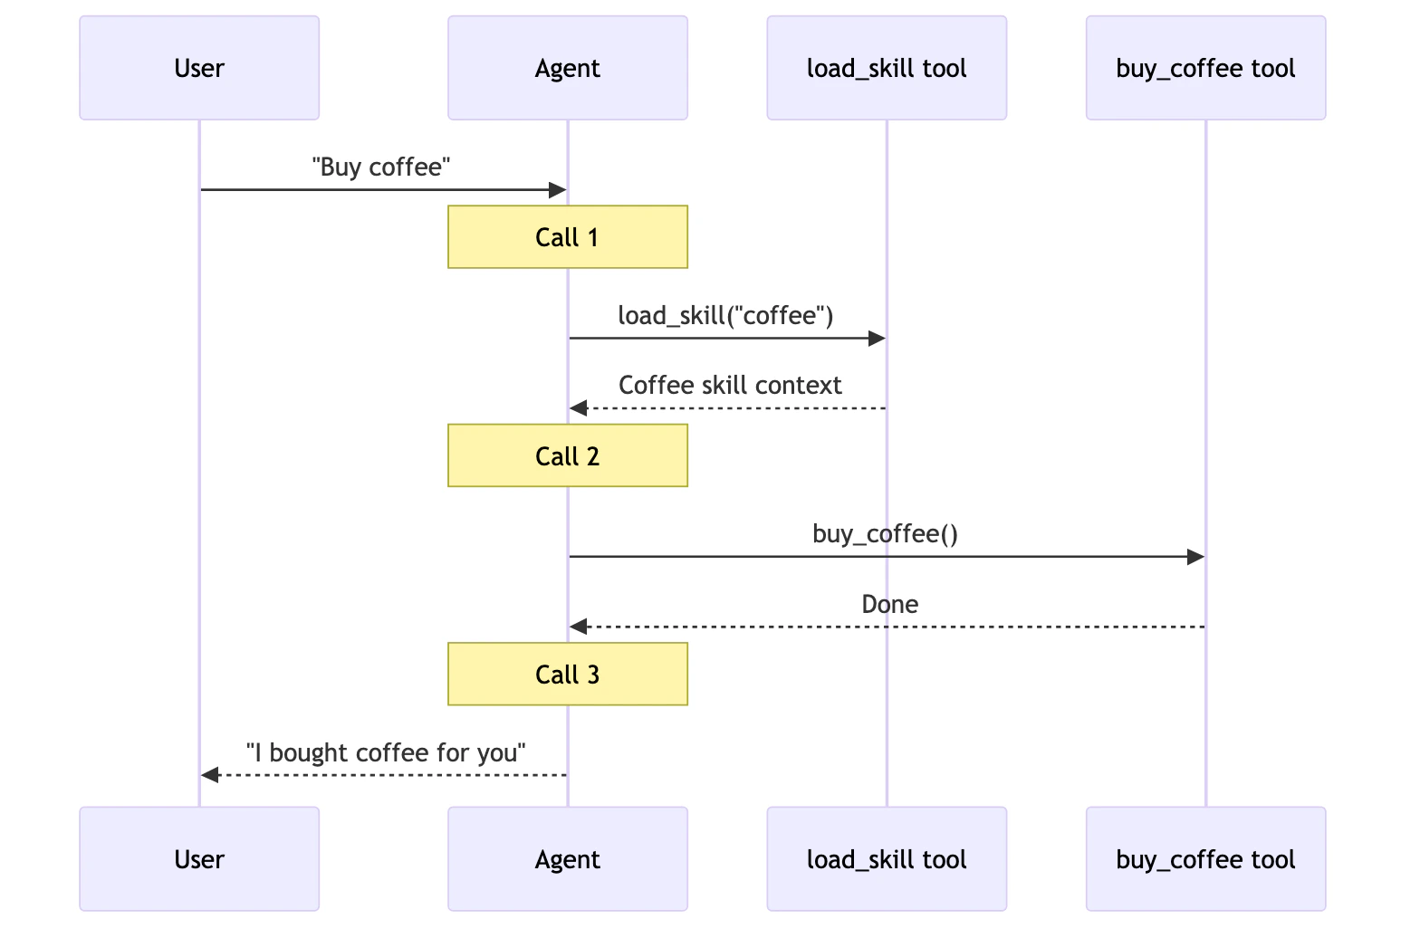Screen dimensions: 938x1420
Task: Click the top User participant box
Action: pyautogui.click(x=199, y=68)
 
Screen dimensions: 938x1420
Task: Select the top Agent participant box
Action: pyautogui.click(x=568, y=68)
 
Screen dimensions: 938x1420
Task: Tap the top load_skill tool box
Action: pyautogui.click(x=887, y=68)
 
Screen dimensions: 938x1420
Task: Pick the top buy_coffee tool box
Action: pyautogui.click(x=1205, y=68)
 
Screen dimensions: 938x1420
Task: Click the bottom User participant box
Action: pyautogui.click(x=199, y=858)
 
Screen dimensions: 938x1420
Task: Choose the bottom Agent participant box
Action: pyautogui.click(x=568, y=858)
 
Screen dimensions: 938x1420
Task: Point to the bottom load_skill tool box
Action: pyautogui.click(x=887, y=858)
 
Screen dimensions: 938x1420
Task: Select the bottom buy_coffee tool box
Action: pyautogui.click(x=1205, y=858)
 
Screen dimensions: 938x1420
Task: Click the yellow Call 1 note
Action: pyautogui.click(x=568, y=237)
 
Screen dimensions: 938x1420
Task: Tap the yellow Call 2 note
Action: pyautogui.click(x=568, y=455)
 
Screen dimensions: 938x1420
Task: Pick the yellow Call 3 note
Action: pyautogui.click(x=568, y=675)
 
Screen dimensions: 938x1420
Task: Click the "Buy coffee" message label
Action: pyautogui.click(x=381, y=167)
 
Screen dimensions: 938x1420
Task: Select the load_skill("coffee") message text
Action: pyautogui.click(x=725, y=315)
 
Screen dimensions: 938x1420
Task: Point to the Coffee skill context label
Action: pyautogui.click(x=730, y=386)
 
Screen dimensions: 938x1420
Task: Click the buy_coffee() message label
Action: pyautogui.click(x=885, y=534)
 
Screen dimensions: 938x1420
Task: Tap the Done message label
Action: pyautogui.click(x=889, y=604)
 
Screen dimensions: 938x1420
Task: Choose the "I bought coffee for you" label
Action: pyautogui.click(x=386, y=752)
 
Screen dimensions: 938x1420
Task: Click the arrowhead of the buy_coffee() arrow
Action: pyautogui.click(x=1195, y=557)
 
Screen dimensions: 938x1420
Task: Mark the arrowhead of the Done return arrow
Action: pyautogui.click(x=579, y=627)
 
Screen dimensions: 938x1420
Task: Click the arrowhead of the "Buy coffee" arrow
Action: pyautogui.click(x=557, y=190)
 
